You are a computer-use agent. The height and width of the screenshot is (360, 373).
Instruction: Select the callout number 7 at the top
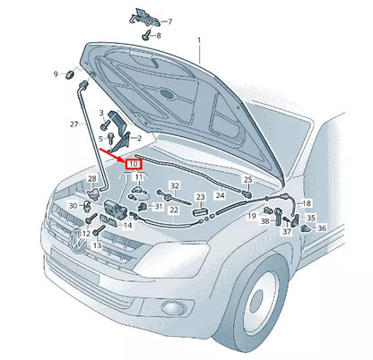pos(170,20)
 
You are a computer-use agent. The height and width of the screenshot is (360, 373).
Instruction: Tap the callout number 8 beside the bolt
pos(159,36)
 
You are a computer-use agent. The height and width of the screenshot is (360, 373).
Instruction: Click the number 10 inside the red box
pos(134,165)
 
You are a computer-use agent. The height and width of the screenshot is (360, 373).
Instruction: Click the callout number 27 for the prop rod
pos(74,124)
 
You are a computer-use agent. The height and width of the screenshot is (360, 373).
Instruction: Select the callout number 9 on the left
pos(55,73)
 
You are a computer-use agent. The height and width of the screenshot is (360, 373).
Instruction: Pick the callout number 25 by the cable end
pos(248,180)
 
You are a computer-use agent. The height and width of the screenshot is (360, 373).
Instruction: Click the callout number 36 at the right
pos(322,227)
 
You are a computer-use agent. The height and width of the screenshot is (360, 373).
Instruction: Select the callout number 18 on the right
pos(307,203)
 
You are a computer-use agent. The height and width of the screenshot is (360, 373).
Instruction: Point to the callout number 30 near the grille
pos(73,207)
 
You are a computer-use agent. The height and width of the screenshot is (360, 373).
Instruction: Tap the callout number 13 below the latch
pos(96,244)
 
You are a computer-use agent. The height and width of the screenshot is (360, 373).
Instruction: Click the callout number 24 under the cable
pos(220,194)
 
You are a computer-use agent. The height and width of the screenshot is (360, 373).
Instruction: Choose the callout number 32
pos(175,185)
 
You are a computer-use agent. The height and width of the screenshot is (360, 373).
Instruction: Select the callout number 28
pos(91,180)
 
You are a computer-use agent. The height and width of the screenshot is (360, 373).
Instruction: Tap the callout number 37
pos(287,232)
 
